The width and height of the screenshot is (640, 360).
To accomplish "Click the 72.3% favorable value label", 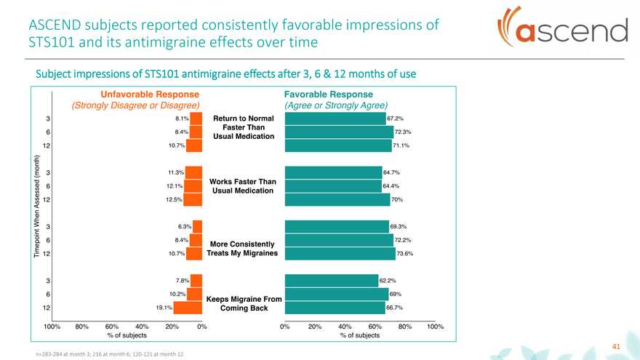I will click(403, 132).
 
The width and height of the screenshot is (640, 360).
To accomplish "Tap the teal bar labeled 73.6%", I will click(340, 254).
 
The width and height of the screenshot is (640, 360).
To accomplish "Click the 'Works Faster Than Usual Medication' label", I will click(242, 185).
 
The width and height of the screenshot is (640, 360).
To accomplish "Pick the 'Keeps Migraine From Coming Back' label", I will click(241, 303).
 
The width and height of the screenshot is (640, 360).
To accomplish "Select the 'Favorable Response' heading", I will click(328, 95).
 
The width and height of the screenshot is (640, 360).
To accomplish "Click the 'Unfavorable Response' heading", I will click(150, 95).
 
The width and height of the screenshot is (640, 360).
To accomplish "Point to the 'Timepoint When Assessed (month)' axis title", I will click(34, 206).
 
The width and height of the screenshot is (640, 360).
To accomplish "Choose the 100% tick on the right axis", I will click(435, 327).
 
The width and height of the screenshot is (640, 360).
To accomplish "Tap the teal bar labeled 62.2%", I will click(331, 281).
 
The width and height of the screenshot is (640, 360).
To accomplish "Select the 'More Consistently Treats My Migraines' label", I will click(242, 248).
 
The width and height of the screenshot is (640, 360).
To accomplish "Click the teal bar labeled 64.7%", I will click(333, 172).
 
